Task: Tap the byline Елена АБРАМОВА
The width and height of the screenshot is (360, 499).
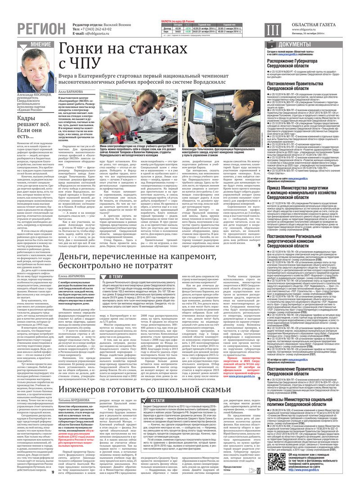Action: pyautogui.click(x=71, y=275)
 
